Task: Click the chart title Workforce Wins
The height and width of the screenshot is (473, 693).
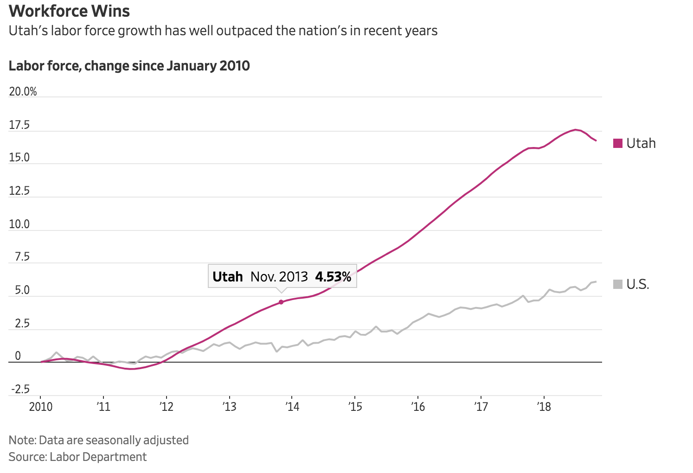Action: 69,11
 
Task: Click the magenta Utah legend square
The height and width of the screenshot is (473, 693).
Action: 617,143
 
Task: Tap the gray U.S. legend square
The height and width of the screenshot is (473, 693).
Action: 617,284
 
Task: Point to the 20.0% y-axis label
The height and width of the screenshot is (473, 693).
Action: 23,91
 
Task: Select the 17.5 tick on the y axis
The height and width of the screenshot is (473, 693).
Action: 19,125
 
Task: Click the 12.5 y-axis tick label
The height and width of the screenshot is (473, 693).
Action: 19,191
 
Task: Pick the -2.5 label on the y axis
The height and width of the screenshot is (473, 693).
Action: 20,389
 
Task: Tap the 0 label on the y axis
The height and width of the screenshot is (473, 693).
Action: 18,356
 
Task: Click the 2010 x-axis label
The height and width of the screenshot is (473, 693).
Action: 41,407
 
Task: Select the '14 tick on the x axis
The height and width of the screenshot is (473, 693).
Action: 292,407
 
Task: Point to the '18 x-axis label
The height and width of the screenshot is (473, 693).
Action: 544,407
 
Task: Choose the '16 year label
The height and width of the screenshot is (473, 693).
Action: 418,407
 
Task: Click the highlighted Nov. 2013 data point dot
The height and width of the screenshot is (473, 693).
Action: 281,302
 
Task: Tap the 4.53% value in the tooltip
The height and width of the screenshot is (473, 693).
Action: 333,277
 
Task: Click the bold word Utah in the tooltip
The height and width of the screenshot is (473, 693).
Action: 227,277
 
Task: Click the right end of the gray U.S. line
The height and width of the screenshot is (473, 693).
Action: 596,281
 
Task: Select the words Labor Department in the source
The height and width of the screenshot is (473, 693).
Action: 98,457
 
